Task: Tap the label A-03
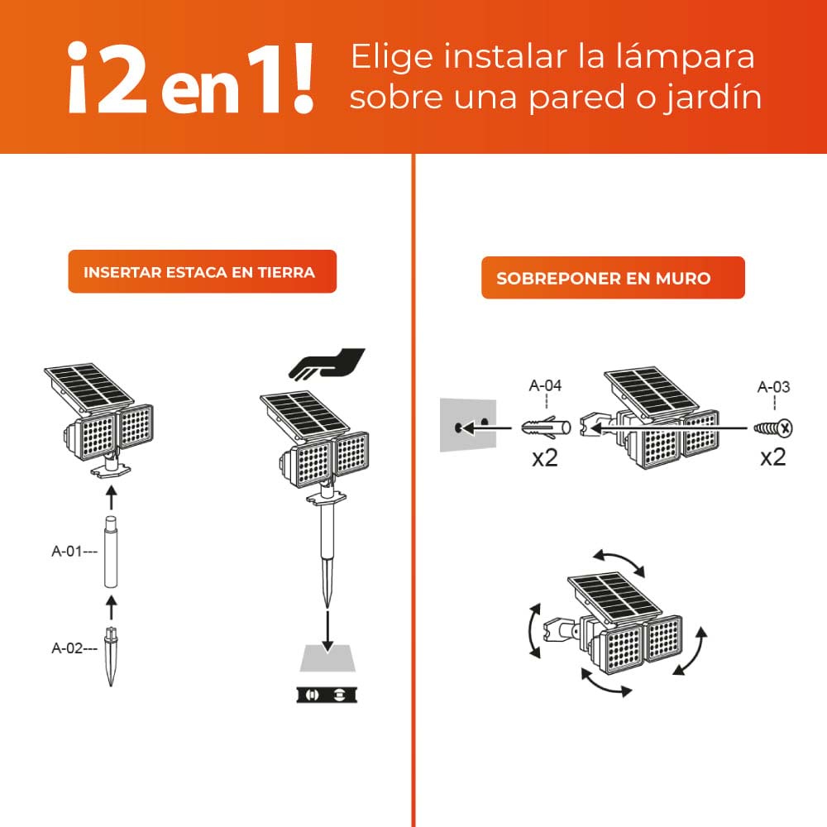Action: (773, 386)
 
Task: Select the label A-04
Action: (545, 385)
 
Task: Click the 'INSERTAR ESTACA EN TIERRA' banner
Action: (202, 271)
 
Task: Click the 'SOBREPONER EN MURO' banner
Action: (613, 278)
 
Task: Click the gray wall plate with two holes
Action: (467, 425)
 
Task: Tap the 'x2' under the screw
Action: (772, 457)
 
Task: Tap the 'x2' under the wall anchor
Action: (544, 457)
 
